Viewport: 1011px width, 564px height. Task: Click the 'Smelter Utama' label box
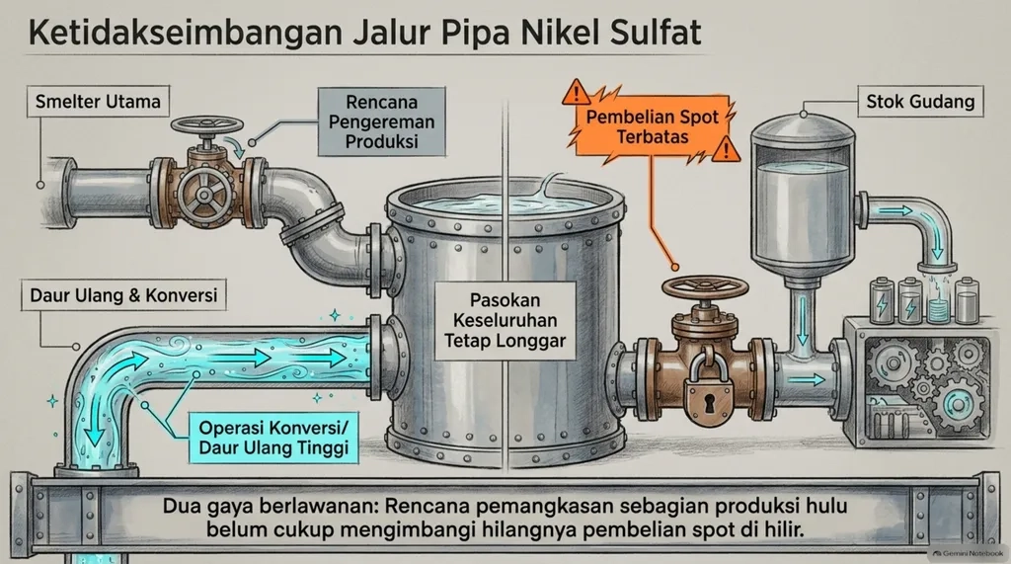pyautogui.click(x=98, y=102)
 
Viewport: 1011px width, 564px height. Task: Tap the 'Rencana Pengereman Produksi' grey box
pyautogui.click(x=382, y=121)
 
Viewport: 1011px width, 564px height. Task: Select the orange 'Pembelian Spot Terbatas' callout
pyautogui.click(x=652, y=127)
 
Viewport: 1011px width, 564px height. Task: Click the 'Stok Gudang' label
pyautogui.click(x=920, y=102)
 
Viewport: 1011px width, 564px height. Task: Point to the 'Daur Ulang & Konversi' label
pyautogui.click(x=123, y=295)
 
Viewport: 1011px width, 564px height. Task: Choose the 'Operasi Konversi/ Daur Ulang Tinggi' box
pyautogui.click(x=273, y=438)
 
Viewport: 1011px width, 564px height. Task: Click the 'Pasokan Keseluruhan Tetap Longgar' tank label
pyautogui.click(x=505, y=321)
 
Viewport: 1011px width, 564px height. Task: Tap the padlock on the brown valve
pyautogui.click(x=709, y=391)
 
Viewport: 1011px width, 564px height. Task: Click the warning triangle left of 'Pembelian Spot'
pyautogui.click(x=576, y=94)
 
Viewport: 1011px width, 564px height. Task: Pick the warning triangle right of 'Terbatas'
pyautogui.click(x=727, y=149)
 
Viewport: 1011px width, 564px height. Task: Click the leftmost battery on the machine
pyautogui.click(x=881, y=300)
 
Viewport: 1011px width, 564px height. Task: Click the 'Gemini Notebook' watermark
pyautogui.click(x=969, y=554)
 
